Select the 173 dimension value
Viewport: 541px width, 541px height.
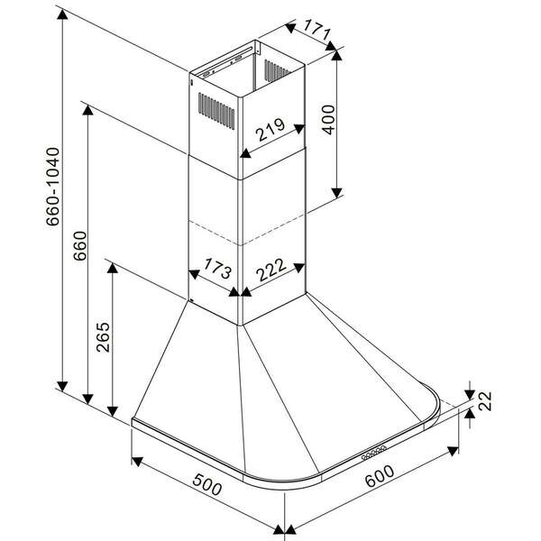(215, 270)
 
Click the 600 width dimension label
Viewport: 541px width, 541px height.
(379, 481)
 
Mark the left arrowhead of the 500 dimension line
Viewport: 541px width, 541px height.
(136, 464)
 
